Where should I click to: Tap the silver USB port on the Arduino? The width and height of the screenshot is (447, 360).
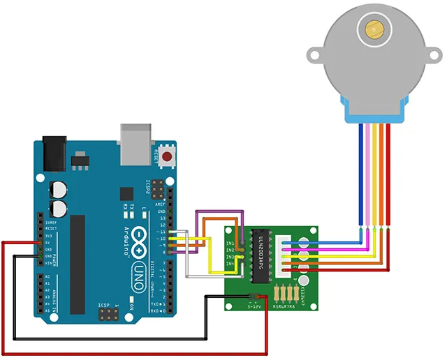pos(135,142)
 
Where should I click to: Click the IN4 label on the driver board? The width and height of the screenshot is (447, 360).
pos(230,265)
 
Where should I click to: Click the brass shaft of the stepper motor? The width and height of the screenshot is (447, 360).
pos(374,30)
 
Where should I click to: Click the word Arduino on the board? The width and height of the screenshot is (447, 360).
pos(128,241)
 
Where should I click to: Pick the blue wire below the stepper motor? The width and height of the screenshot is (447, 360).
pos(360,174)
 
